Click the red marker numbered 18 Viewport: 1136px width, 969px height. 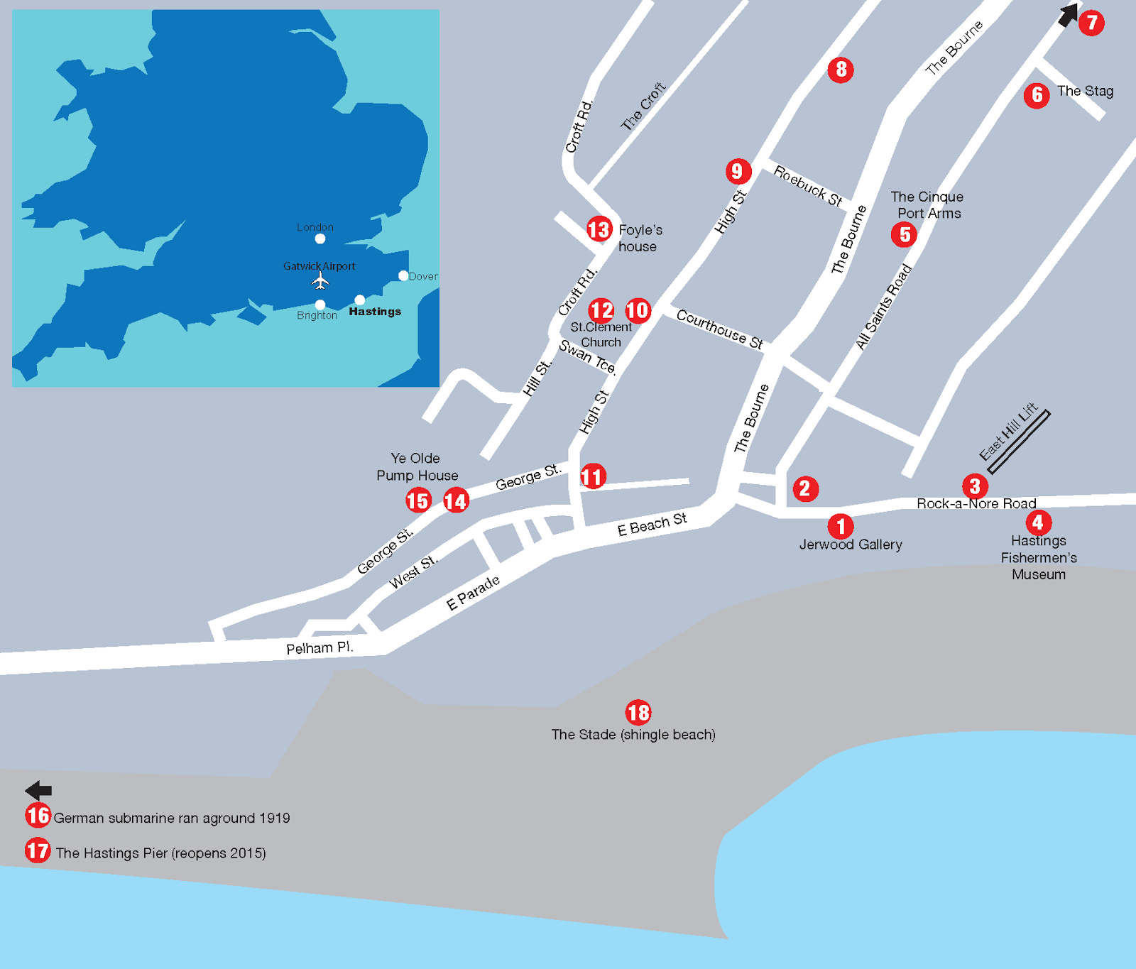click(x=638, y=712)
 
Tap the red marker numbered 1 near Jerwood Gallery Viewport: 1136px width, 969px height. click(x=841, y=526)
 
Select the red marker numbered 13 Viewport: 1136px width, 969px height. click(x=599, y=229)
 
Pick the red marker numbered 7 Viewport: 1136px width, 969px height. click(x=1091, y=23)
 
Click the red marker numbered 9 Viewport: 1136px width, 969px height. click(x=738, y=171)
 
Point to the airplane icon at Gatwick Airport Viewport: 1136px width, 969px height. click(x=320, y=281)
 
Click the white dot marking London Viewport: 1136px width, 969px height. click(x=320, y=239)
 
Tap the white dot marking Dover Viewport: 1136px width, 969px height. click(x=403, y=275)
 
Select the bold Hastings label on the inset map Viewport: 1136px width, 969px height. click(x=375, y=312)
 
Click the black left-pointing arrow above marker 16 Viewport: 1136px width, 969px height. click(x=38, y=790)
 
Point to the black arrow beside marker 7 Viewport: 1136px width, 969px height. click(x=1067, y=15)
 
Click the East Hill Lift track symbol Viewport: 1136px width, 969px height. click(x=1018, y=442)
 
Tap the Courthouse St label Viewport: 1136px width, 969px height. click(x=719, y=329)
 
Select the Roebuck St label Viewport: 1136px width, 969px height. click(x=807, y=186)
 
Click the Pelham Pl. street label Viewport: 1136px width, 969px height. click(x=319, y=648)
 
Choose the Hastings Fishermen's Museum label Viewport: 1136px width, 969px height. click(x=1039, y=558)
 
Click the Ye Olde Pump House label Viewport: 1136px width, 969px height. click(x=417, y=467)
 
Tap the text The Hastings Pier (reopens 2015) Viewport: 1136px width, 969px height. click(x=160, y=853)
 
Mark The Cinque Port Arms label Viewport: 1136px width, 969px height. click(x=927, y=205)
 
